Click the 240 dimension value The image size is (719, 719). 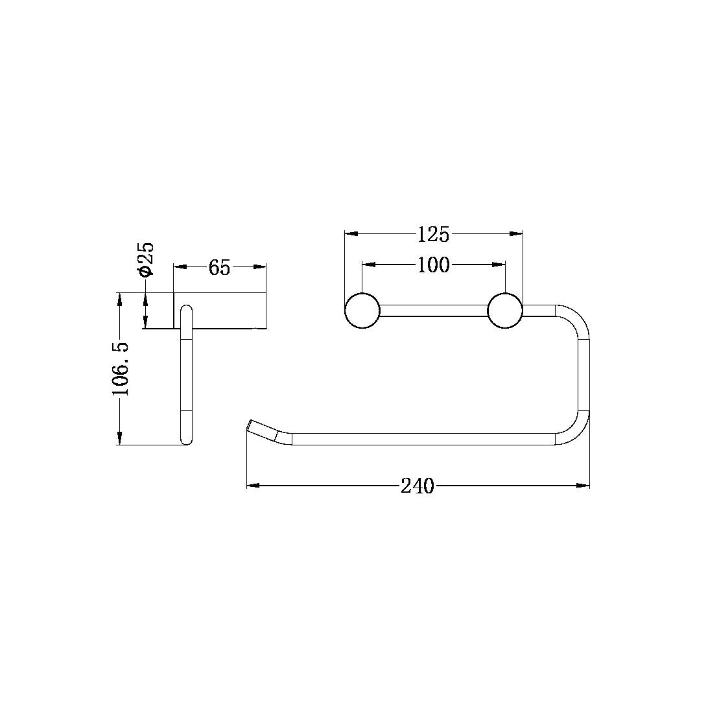click(417, 486)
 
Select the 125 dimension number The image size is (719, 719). click(433, 234)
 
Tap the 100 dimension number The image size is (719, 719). click(433, 265)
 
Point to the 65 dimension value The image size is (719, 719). click(220, 267)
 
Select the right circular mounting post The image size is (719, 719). click(504, 311)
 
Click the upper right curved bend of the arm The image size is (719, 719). click(577, 318)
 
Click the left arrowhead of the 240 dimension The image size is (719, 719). click(253, 485)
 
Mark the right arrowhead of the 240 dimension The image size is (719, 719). click(583, 485)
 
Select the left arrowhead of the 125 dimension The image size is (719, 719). click(350, 233)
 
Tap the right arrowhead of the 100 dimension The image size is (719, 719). click(499, 265)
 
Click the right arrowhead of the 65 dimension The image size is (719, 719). click(261, 266)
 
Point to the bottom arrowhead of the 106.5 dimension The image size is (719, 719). click(119, 439)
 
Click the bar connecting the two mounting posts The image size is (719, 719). click(433, 311)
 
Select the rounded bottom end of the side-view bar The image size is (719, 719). click(186, 441)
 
